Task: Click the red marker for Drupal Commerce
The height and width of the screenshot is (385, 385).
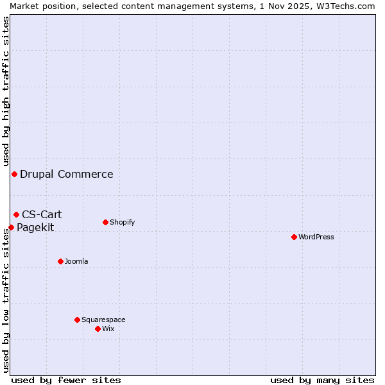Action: click(x=14, y=174)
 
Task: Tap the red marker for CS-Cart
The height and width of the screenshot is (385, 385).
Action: click(x=16, y=214)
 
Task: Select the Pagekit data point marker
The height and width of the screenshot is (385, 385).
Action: click(x=11, y=227)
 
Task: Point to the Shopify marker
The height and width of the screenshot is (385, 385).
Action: click(x=105, y=222)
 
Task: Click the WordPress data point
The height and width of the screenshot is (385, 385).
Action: click(x=294, y=237)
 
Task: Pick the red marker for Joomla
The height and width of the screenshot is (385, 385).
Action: click(x=60, y=261)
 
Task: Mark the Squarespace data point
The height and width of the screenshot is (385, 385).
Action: click(x=77, y=320)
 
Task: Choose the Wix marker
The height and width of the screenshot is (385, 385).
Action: click(x=98, y=329)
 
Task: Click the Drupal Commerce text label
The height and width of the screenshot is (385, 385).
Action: click(x=67, y=174)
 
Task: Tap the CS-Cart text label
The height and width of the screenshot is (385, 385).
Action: click(x=42, y=214)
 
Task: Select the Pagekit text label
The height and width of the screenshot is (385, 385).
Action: click(x=35, y=227)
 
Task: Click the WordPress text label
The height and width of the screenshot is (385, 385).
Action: click(x=316, y=237)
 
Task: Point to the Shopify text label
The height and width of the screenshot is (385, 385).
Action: click(x=122, y=222)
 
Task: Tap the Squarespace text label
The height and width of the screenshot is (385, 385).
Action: click(x=103, y=320)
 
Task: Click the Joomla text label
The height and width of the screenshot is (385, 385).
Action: click(x=76, y=261)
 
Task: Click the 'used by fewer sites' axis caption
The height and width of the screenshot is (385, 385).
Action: click(x=66, y=380)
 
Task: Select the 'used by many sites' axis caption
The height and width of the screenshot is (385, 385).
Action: click(x=322, y=380)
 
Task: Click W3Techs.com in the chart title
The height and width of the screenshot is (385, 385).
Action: click(x=347, y=6)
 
